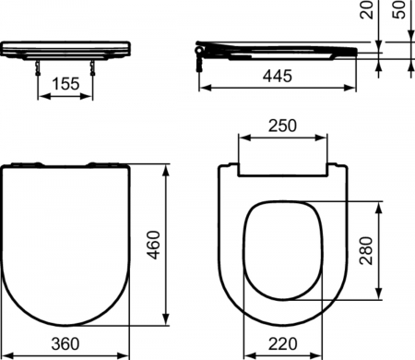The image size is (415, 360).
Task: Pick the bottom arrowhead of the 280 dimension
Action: coord(376,297)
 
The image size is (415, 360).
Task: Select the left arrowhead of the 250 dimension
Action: coord(242,137)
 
